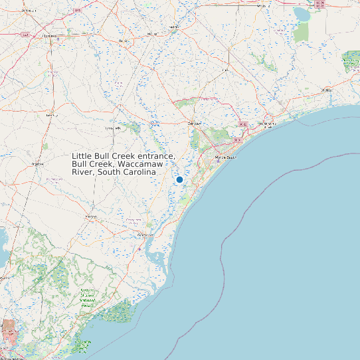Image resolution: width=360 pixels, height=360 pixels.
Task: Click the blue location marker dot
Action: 179,179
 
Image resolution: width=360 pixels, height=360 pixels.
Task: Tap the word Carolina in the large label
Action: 139,172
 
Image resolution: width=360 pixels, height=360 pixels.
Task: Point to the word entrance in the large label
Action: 152,155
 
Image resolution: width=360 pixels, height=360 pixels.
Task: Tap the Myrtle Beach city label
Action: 226,157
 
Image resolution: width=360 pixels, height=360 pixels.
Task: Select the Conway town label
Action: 194,124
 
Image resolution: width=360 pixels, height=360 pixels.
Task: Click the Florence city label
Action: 48,36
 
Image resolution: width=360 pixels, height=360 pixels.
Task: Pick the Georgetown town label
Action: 145,236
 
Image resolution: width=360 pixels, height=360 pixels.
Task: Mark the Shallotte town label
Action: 325,89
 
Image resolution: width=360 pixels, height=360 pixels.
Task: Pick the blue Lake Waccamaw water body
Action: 302,13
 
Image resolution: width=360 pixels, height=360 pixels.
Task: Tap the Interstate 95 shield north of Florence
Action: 78,11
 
